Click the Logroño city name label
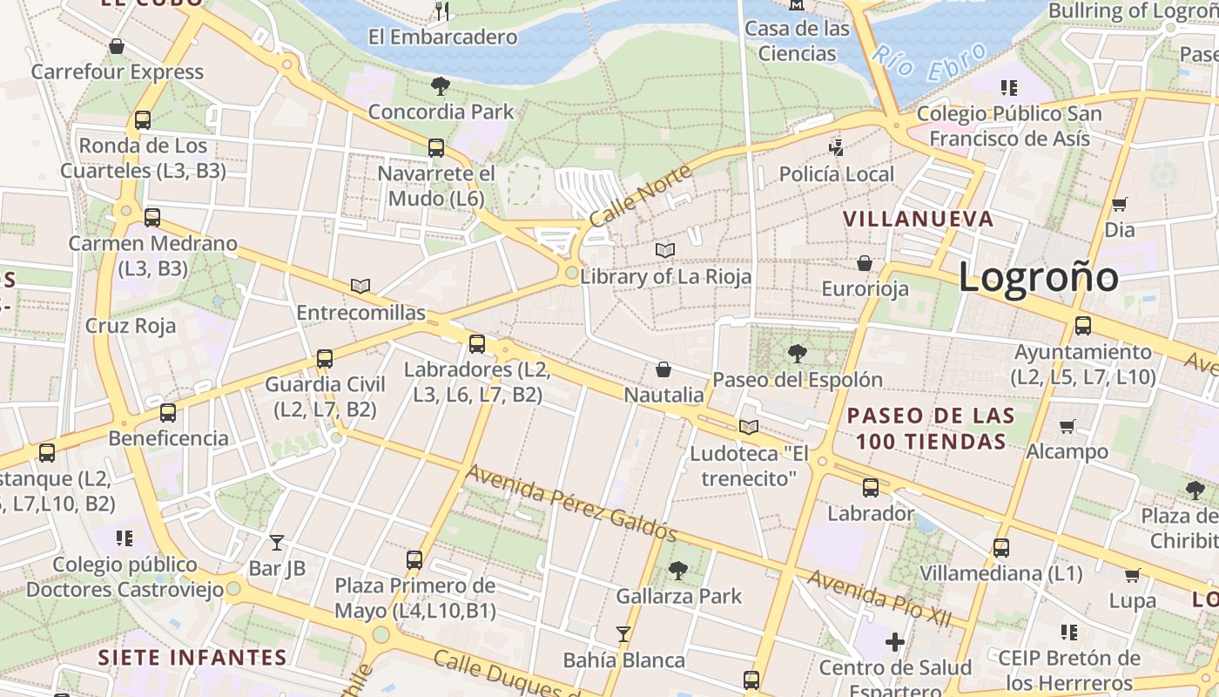click(x=1038, y=278)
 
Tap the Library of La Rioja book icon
click(x=665, y=251)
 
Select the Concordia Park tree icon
click(x=441, y=85)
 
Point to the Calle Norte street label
click(x=640, y=196)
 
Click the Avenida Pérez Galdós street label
click(x=571, y=502)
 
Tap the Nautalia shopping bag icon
click(x=663, y=369)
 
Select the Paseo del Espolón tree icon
click(x=797, y=353)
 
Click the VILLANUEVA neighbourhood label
click(x=918, y=219)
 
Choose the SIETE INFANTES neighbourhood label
click(x=192, y=656)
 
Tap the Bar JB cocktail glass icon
click(x=277, y=543)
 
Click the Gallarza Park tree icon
click(x=678, y=571)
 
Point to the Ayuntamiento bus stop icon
click(x=1083, y=326)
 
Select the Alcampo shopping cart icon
click(x=1067, y=426)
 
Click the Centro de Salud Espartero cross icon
click(x=895, y=642)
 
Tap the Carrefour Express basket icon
click(x=117, y=46)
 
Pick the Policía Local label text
click(x=836, y=174)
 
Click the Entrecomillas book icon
click(x=360, y=286)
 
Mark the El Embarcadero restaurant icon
click(x=442, y=10)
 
